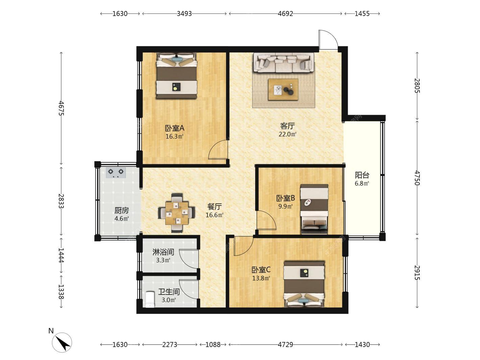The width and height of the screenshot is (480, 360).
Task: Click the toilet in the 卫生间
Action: [x=150, y=299]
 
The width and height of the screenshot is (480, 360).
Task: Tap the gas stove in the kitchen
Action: [x=116, y=173]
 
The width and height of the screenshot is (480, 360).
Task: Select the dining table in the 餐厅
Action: [x=177, y=213]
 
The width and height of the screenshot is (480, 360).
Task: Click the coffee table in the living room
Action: [x=283, y=89]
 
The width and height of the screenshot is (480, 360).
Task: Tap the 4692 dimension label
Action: [x=285, y=14]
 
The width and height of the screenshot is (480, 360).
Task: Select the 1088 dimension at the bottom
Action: [x=213, y=345]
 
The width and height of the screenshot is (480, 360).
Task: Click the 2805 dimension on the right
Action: [x=417, y=86]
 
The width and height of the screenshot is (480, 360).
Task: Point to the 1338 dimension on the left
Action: [x=61, y=292]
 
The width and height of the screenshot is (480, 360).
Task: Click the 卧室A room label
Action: [x=174, y=128]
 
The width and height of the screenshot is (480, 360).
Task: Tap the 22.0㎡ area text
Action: [x=287, y=134]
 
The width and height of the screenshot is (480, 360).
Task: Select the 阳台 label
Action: [x=362, y=175]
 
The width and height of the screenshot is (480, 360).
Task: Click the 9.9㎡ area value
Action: [x=285, y=206]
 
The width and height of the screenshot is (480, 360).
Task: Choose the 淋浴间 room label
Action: [x=163, y=252]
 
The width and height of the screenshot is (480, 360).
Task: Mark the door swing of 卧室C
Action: [x=243, y=246]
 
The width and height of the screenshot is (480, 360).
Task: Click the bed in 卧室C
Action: [x=304, y=285]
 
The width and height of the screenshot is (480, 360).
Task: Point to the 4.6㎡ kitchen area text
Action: [x=122, y=218]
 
